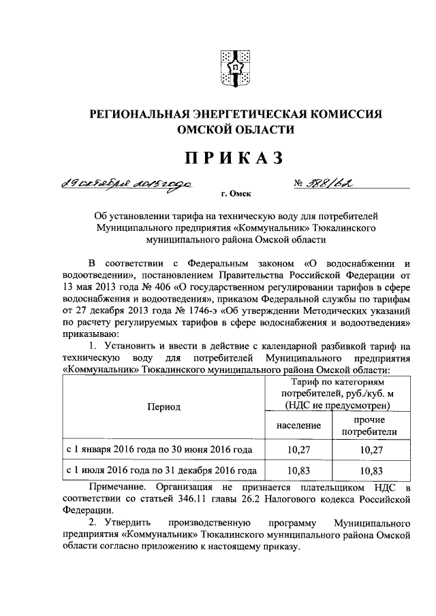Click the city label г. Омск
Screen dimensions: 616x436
232,194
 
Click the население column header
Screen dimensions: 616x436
298,425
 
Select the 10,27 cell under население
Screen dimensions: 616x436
298,450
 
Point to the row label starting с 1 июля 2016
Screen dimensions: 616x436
161,470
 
